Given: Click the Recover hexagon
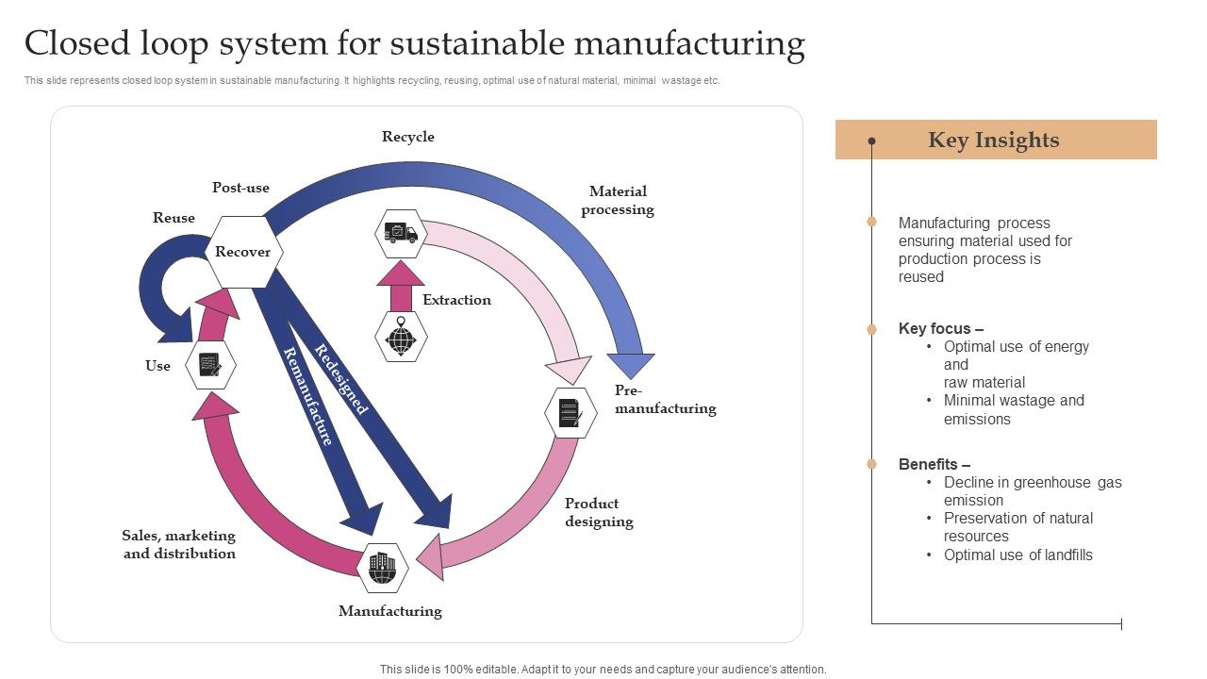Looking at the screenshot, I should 243,252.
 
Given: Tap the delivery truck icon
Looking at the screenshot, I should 401,234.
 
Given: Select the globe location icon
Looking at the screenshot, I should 401,337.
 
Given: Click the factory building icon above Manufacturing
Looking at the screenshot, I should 383,568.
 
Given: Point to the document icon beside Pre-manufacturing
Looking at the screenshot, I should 570,413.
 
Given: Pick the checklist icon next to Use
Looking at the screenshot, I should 210,365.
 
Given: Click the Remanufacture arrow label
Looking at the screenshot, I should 308,396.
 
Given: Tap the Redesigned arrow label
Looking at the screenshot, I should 340,379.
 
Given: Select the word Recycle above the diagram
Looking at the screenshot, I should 408,137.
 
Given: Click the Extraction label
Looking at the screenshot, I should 456,300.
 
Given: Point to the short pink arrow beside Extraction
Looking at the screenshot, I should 401,286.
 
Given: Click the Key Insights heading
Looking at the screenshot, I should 994,141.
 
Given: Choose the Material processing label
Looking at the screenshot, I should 618,201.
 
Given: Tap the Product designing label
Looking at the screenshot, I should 599,512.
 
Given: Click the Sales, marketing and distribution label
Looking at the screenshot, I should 179,544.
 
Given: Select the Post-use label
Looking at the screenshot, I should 240,188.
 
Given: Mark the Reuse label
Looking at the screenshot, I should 174,218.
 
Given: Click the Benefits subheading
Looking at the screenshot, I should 934,464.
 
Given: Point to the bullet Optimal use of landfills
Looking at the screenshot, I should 1017,555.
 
